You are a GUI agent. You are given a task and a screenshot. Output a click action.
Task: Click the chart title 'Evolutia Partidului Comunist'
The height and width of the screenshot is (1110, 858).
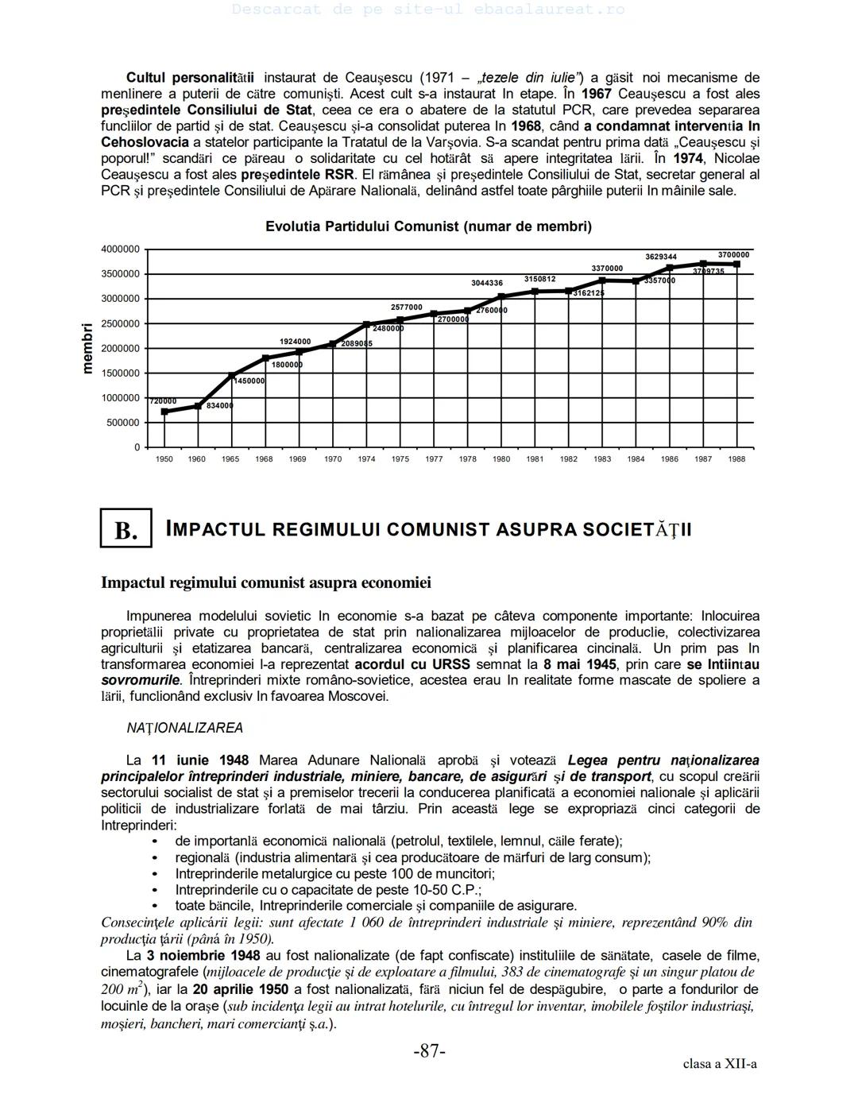coord(428,226)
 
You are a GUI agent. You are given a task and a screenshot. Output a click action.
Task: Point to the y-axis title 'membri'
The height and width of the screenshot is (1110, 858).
coord(87,348)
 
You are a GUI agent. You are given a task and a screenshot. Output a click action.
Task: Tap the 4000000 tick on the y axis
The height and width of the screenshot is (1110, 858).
coord(120,249)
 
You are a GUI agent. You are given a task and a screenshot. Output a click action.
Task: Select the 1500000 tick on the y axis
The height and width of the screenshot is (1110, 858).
coord(120,373)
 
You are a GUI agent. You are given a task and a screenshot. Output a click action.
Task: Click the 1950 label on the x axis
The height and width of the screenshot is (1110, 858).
coord(164,459)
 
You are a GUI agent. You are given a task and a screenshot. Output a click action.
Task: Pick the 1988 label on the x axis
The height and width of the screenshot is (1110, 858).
coord(736,459)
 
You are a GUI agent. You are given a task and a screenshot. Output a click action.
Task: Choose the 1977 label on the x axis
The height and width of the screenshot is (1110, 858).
coord(434,459)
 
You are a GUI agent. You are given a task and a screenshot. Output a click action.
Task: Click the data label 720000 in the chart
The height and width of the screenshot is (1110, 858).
coord(164,401)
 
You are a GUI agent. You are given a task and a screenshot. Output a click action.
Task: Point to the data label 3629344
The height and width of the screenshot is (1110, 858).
coord(661,257)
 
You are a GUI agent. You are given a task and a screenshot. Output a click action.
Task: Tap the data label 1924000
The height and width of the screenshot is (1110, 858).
coord(296,342)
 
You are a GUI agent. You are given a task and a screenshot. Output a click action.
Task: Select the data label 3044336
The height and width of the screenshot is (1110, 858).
coord(487,283)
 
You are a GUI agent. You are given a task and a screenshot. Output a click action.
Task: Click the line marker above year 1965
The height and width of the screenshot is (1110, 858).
coord(232,376)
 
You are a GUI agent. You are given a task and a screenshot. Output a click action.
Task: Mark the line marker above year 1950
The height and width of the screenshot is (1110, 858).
coord(164,412)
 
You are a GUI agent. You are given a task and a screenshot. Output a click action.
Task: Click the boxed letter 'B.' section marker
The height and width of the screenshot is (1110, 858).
coord(126,530)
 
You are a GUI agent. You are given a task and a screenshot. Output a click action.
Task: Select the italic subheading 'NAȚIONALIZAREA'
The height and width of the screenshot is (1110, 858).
coord(185,728)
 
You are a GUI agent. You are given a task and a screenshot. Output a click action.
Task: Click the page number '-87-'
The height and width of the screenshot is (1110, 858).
coord(429,1051)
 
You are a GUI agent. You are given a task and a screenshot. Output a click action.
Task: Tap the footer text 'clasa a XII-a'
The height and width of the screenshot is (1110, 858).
coord(720,1064)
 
